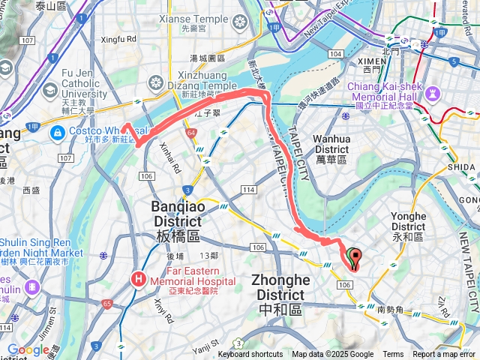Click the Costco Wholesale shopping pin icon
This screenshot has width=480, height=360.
57,133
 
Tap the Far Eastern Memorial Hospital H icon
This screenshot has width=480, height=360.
139,279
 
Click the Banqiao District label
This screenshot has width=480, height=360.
177,214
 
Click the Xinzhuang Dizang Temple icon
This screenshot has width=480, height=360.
156,81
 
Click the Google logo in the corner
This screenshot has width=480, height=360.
28,349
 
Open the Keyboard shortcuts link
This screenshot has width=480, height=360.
250,355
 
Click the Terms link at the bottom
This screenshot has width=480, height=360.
393,355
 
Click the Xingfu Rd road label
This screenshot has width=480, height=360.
121,38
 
